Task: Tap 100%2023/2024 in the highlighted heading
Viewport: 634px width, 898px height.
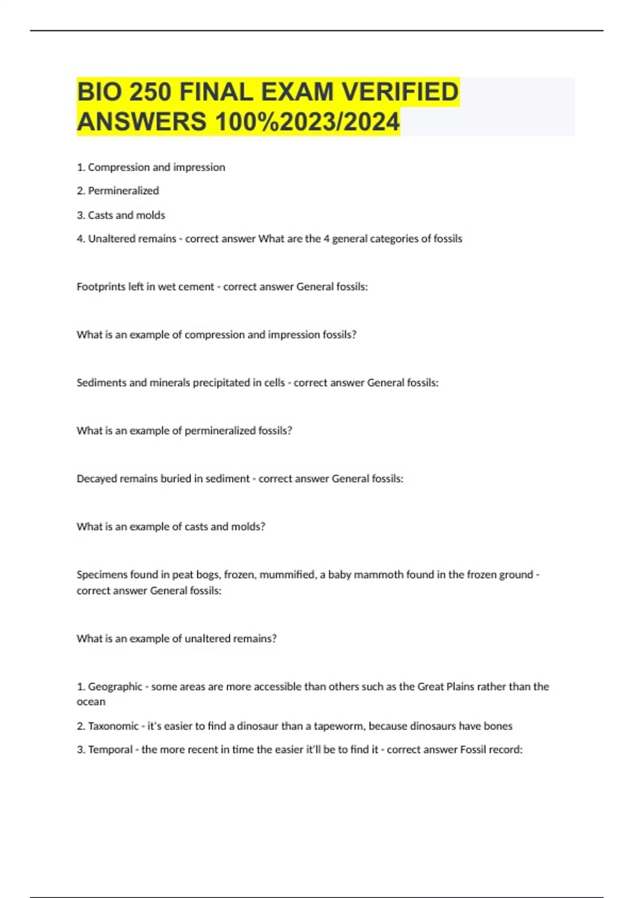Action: (307, 122)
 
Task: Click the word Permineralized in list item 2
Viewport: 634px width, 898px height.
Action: (123, 191)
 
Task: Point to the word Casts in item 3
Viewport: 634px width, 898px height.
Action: (100, 215)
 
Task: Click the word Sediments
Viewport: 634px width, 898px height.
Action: (101, 382)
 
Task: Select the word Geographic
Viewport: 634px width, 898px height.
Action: (115, 687)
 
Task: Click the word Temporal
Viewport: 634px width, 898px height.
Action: (110, 750)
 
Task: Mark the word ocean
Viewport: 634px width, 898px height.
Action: (91, 702)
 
